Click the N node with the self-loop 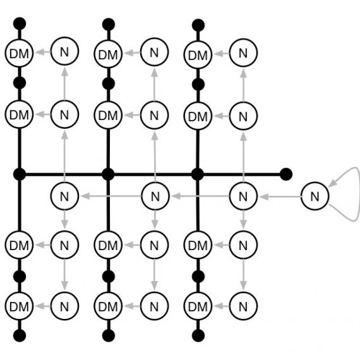[315, 196]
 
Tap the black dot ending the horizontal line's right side [286, 174]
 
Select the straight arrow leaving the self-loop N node [280, 197]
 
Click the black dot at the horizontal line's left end [20, 174]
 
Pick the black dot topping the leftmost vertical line [20, 23]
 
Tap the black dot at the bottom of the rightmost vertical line [198, 335]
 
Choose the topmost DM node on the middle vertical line [108, 54]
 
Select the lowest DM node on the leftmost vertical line [20, 306]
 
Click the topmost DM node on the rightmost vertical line [198, 55]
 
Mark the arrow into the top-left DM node [42, 52]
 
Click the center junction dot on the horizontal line [108, 174]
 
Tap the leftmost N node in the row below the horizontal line [64, 196]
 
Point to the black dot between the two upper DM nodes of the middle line [109, 84]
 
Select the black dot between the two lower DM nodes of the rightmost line [198, 276]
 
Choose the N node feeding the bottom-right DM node [243, 306]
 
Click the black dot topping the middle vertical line [109, 25]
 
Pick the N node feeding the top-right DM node [243, 53]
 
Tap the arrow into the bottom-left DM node [42, 306]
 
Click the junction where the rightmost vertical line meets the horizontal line [198, 174]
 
